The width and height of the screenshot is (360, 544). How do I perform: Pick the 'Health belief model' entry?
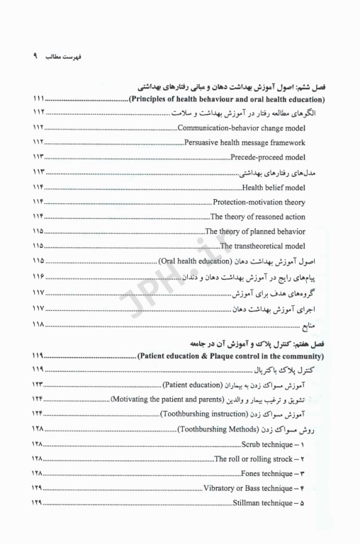274,188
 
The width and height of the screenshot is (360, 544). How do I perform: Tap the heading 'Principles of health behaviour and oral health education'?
226,98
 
